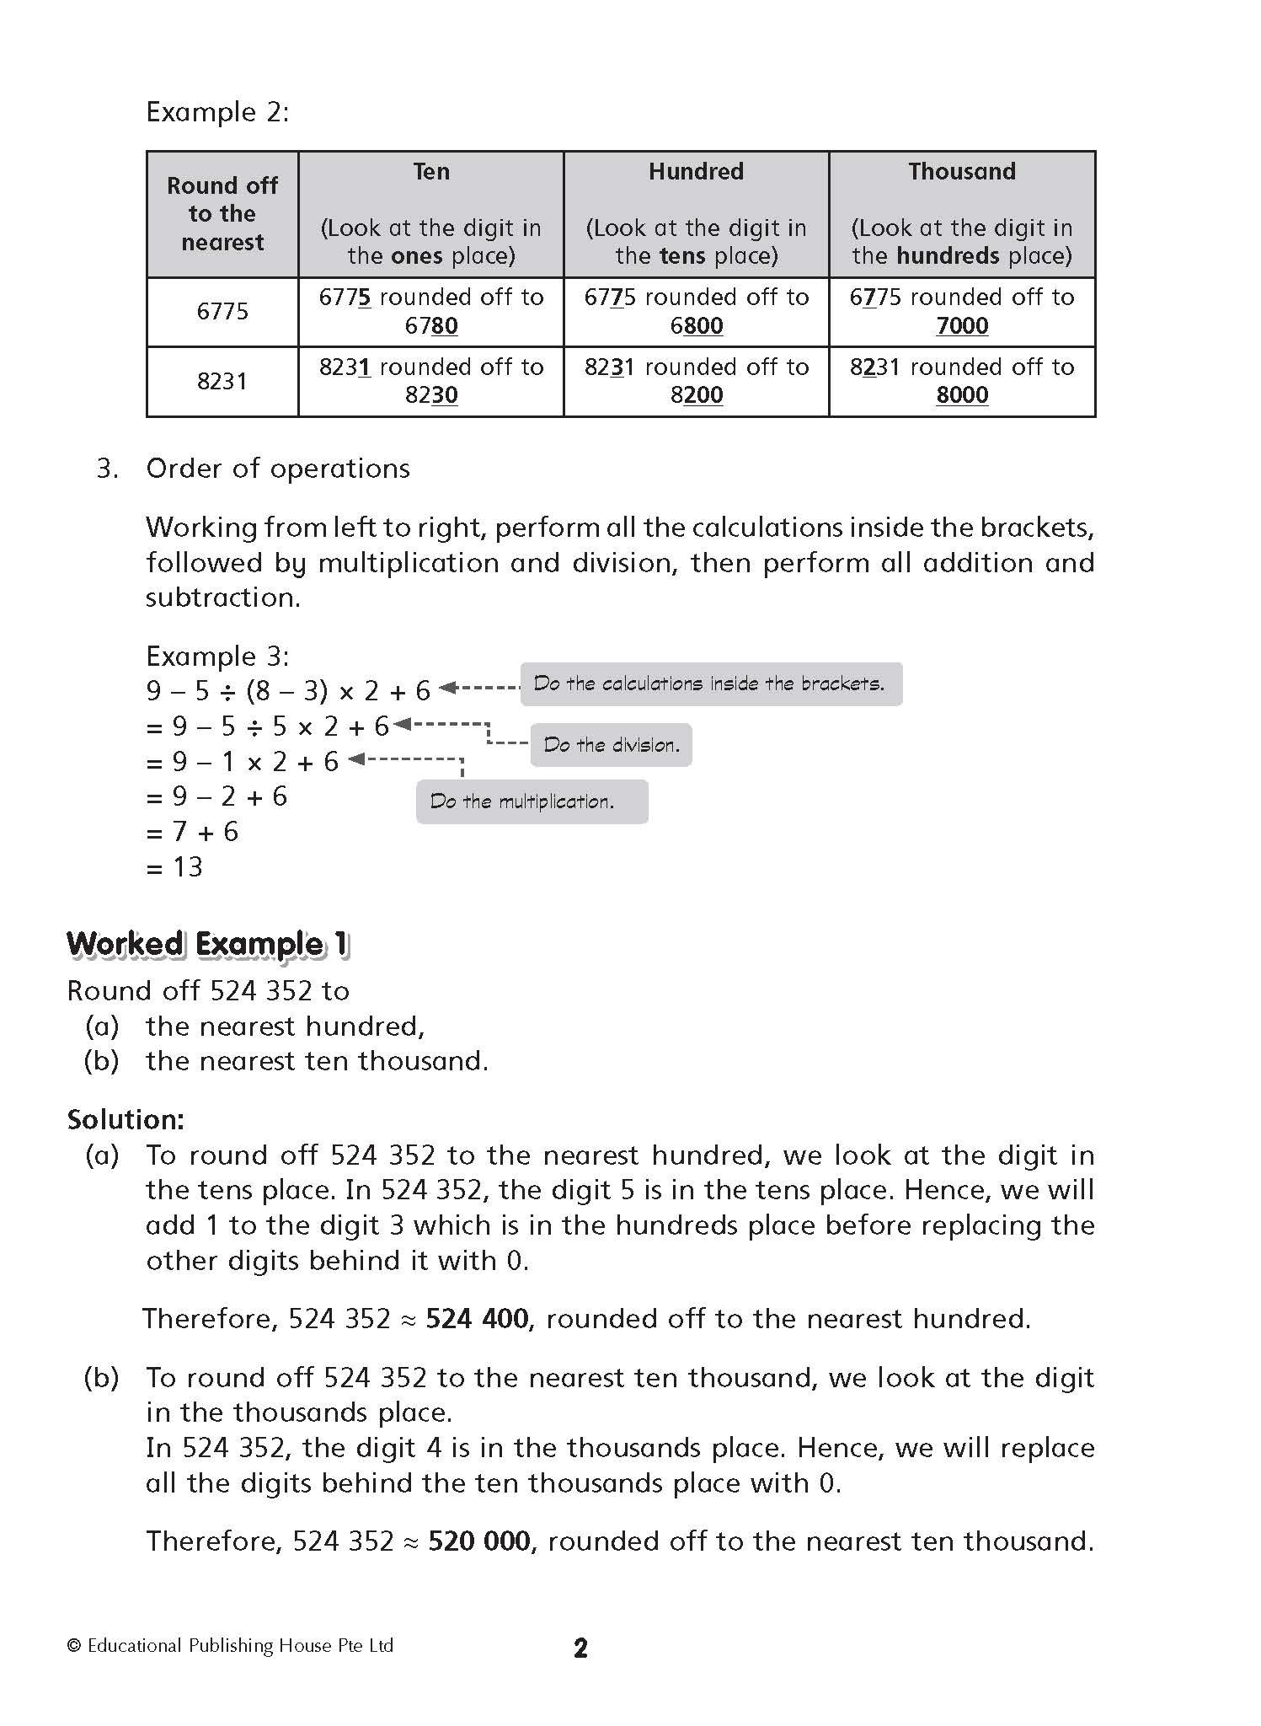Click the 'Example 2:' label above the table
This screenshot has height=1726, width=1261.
[217, 112]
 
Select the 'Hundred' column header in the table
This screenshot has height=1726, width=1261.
[696, 172]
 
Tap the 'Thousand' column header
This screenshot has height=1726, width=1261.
[962, 172]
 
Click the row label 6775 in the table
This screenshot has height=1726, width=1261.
[222, 312]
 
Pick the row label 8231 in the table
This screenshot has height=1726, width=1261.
[222, 382]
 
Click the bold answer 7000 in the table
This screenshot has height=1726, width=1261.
[962, 326]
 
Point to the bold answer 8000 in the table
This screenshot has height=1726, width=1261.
[962, 395]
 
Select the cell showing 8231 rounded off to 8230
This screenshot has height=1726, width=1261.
[430, 381]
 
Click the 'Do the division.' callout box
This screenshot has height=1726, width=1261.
[611, 745]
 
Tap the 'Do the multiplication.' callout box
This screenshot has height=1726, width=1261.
[532, 801]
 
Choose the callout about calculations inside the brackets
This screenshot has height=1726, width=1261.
[710, 683]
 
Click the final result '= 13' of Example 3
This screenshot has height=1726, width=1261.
[175, 867]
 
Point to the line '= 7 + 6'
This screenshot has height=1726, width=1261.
[193, 832]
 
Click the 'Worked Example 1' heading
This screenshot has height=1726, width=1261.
[207, 944]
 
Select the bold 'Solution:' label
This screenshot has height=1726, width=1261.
[126, 1119]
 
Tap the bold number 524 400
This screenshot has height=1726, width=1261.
[477, 1319]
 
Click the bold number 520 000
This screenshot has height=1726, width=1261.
[479, 1541]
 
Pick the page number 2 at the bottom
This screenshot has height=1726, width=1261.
[580, 1648]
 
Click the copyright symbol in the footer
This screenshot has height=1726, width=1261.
[74, 1646]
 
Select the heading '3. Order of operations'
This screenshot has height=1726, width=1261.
[253, 469]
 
